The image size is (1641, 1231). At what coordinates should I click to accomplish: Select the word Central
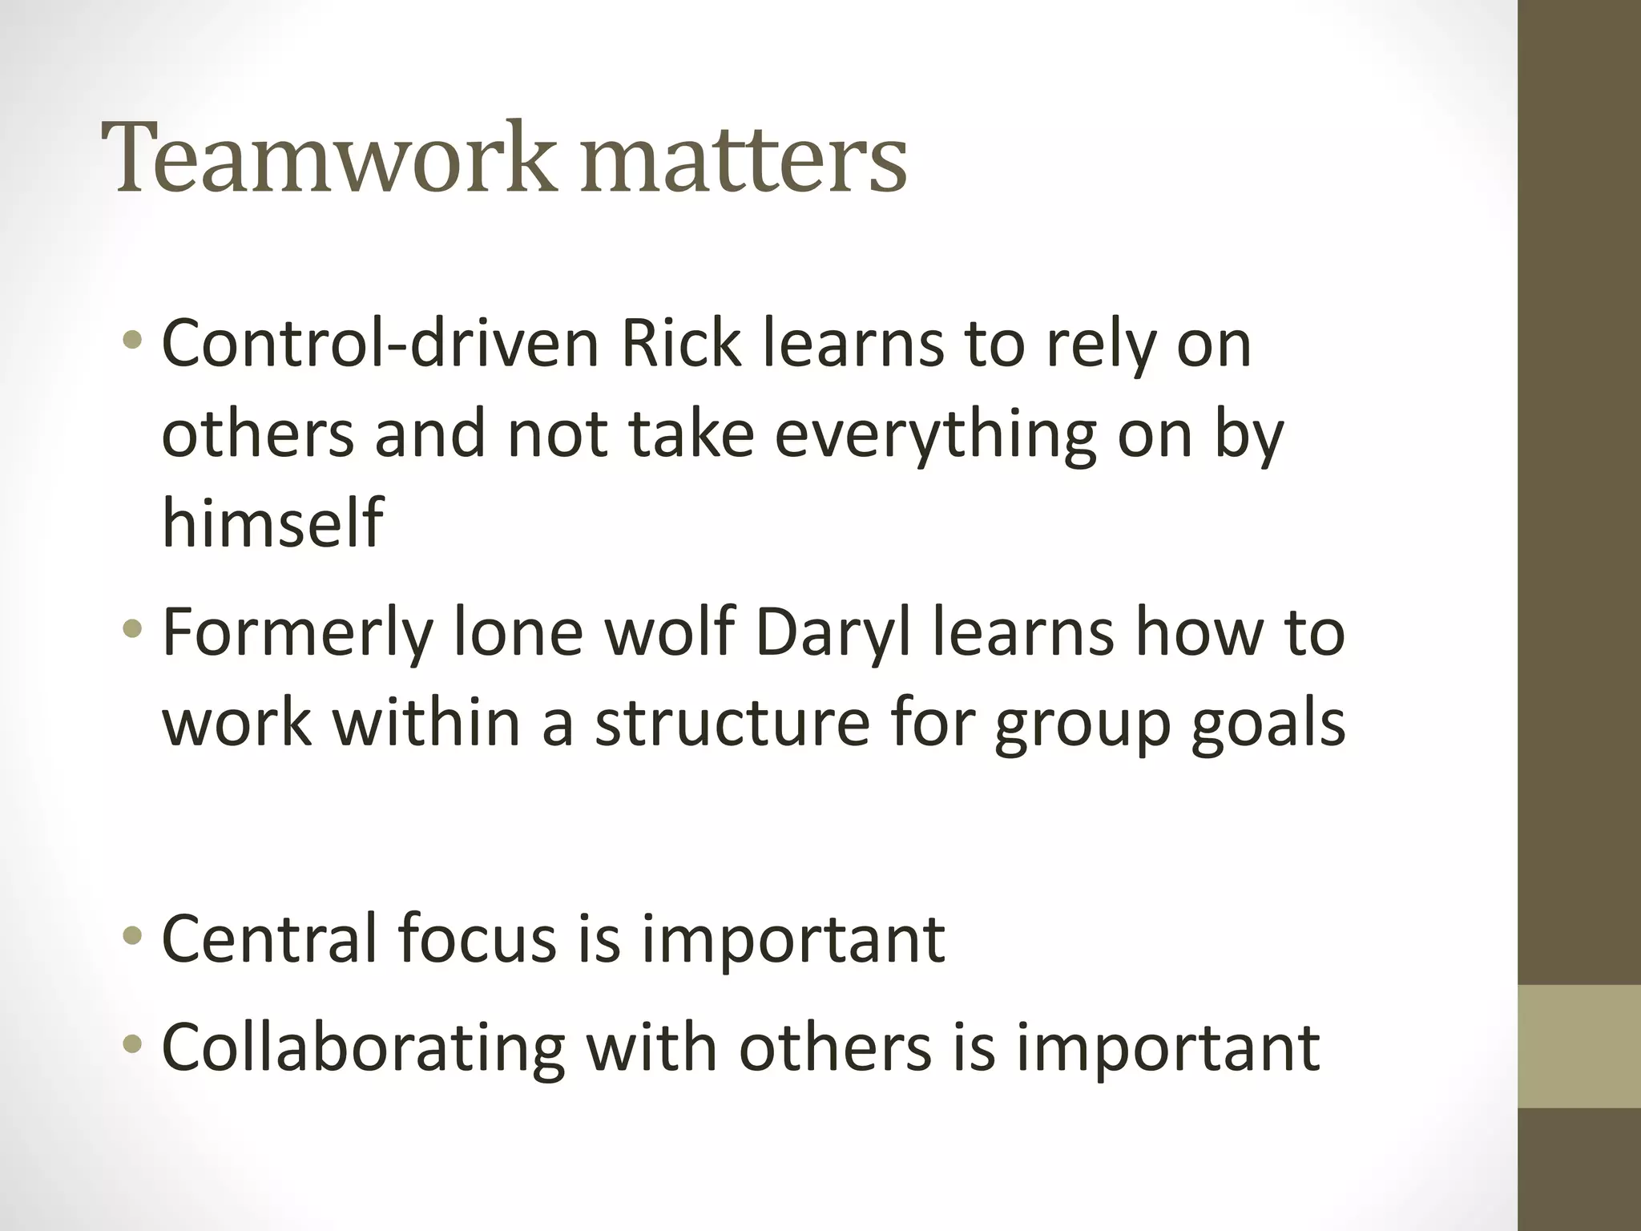(269, 938)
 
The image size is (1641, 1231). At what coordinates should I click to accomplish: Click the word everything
(934, 437)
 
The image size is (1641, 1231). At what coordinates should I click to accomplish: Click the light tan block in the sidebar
(1579, 1046)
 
